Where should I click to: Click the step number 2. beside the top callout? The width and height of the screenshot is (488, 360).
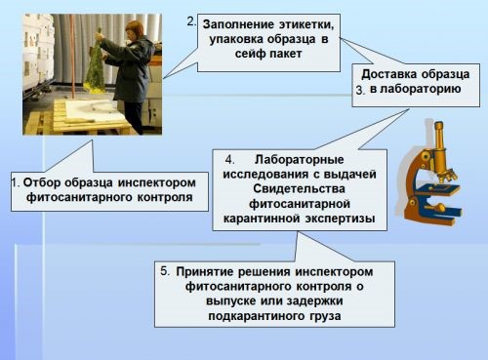click(191, 21)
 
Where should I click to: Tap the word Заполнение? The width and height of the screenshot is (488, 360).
click(238, 24)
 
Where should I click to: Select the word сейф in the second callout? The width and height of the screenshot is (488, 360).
click(250, 54)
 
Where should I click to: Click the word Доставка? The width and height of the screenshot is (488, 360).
click(386, 74)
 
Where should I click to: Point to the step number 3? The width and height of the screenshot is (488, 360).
click(360, 91)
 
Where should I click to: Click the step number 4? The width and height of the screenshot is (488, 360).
click(229, 160)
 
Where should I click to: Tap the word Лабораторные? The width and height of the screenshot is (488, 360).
click(299, 160)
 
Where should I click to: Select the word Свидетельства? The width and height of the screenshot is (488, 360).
click(299, 189)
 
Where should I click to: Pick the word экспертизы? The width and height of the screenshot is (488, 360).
click(340, 219)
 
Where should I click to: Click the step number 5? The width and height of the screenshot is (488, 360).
click(165, 271)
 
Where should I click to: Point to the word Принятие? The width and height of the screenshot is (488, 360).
click(205, 272)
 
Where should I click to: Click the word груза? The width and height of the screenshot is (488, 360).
click(325, 316)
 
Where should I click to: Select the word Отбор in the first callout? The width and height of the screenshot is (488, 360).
click(42, 182)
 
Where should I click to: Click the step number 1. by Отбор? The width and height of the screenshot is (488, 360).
click(16, 182)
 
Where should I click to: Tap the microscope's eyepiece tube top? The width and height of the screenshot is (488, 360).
click(439, 125)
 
